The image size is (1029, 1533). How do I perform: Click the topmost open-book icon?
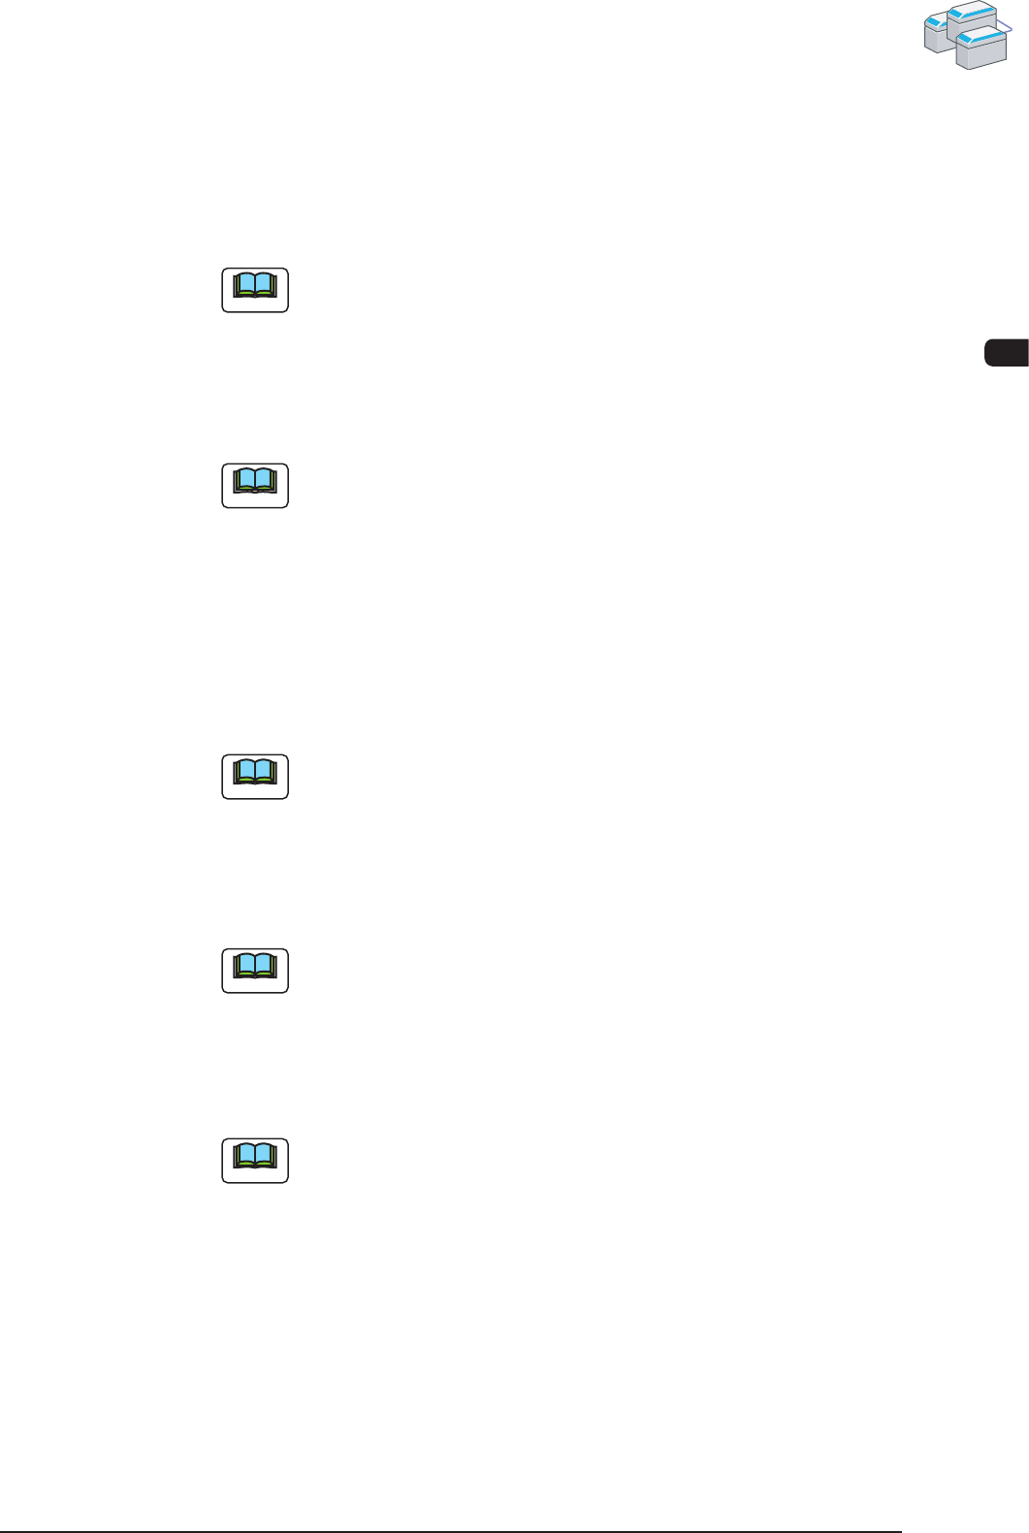pyautogui.click(x=255, y=290)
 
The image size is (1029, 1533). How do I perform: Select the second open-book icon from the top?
pyautogui.click(x=255, y=486)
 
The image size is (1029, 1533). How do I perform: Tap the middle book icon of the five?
pyautogui.click(x=255, y=777)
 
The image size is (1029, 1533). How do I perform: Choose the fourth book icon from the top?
pyautogui.click(x=255, y=971)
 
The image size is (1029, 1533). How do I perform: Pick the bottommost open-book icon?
pyautogui.click(x=255, y=1161)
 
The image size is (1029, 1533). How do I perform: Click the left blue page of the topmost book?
pyautogui.click(x=245, y=284)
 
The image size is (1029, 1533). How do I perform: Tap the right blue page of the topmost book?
pyautogui.click(x=266, y=284)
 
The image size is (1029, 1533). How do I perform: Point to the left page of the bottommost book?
pyautogui.click(x=245, y=1154)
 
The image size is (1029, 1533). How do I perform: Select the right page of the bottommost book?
pyautogui.click(x=266, y=1154)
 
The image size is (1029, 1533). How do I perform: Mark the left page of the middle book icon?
pyautogui.click(x=245, y=771)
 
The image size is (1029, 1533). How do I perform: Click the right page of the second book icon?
pyautogui.click(x=266, y=479)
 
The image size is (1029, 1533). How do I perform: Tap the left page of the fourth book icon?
pyautogui.click(x=245, y=964)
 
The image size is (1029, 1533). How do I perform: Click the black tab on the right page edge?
pyautogui.click(x=1007, y=352)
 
